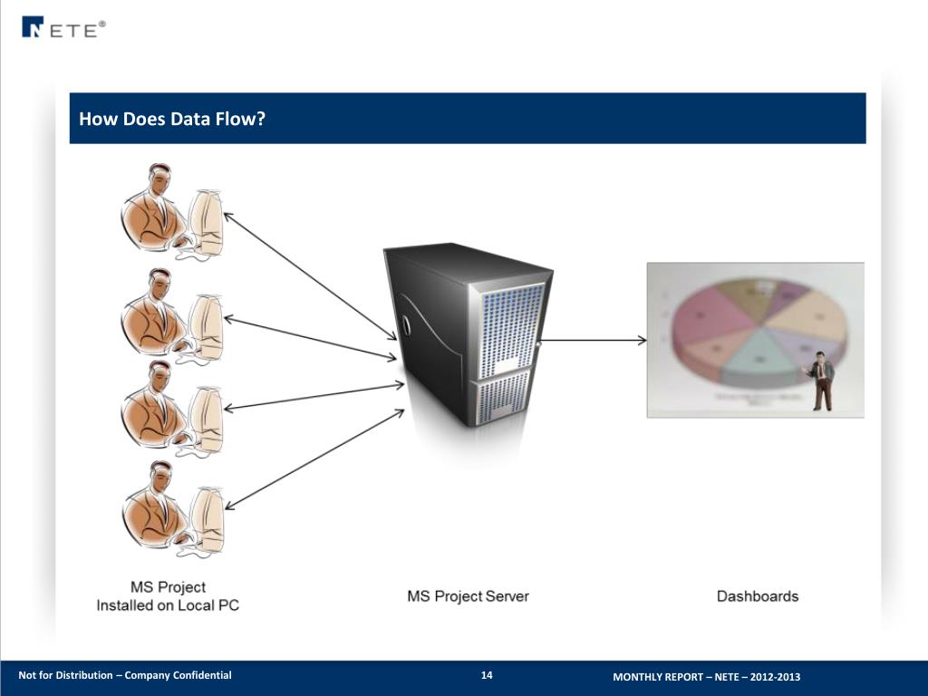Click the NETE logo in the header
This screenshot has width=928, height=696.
click(63, 28)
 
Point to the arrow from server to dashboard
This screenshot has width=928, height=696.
click(594, 341)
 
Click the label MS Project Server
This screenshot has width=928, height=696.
click(468, 596)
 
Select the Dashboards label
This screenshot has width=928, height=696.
click(758, 596)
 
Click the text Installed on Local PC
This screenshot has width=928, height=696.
click(168, 604)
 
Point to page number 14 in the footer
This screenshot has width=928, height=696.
click(487, 675)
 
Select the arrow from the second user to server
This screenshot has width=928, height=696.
click(308, 337)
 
